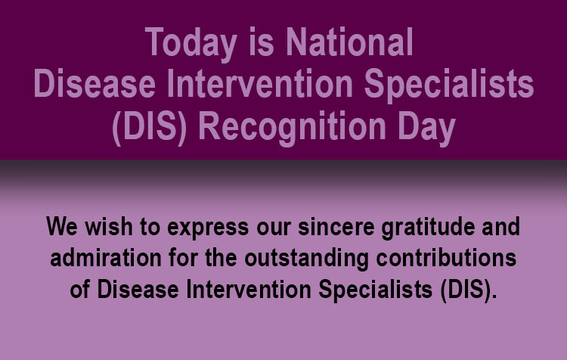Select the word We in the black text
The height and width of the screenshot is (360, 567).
pyautogui.click(x=62, y=227)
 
